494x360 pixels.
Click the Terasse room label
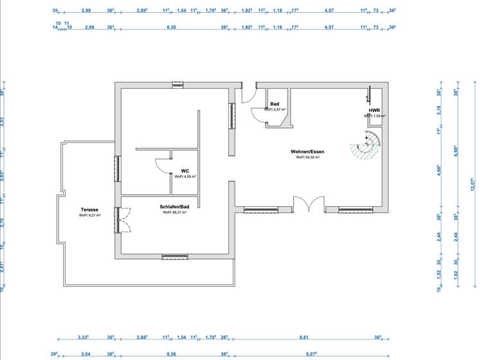click(89, 210)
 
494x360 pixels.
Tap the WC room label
click(185, 171)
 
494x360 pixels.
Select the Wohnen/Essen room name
click(310, 152)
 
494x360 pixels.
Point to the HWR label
click(374, 111)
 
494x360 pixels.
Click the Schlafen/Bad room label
click(174, 206)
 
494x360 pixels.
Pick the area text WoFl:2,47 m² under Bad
click(275, 110)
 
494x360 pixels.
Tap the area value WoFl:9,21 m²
click(89, 215)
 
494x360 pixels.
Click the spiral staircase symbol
click(366, 147)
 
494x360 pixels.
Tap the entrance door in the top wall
click(248, 96)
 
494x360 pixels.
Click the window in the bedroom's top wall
click(178, 84)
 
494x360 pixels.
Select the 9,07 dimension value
click(311, 353)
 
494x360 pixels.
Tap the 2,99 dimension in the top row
click(86, 11)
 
